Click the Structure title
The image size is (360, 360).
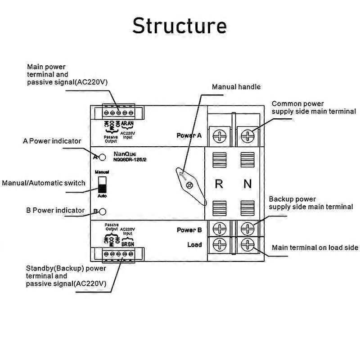coord(179,26)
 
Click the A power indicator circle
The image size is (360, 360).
coord(102,157)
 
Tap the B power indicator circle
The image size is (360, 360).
coord(102,211)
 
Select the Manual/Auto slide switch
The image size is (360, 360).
coord(102,184)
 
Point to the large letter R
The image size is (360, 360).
coord(219,184)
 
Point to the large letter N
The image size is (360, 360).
coord(247,184)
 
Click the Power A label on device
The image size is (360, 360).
coord(189,135)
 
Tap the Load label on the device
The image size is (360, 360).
coord(194,245)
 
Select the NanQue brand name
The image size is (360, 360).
coord(124,153)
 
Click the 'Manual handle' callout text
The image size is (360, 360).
coord(236,87)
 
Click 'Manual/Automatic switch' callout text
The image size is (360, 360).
coord(44,183)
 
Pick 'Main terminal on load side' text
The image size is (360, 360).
coord(315,247)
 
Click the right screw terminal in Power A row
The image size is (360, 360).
coord(247,135)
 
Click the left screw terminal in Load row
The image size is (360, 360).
coord(219,245)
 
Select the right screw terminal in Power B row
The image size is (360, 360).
coord(247,228)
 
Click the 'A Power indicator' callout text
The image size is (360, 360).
coord(52,141)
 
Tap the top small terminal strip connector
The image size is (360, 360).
coord(118,112)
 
